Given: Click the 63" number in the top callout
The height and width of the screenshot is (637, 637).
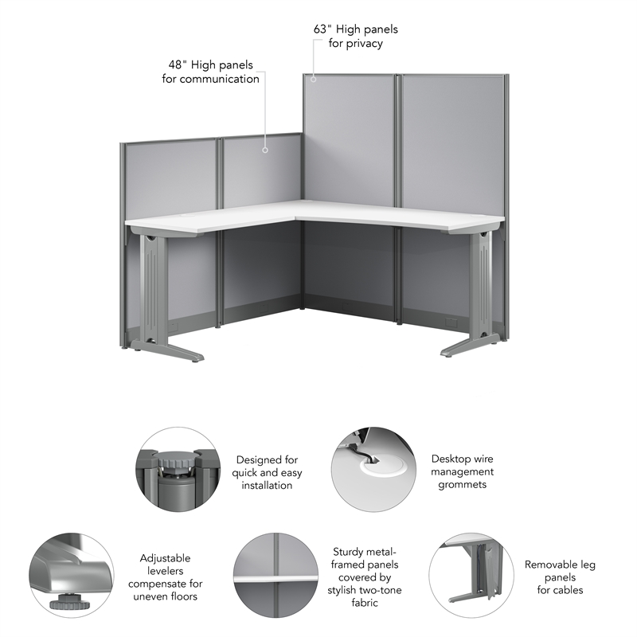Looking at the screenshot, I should [321, 29].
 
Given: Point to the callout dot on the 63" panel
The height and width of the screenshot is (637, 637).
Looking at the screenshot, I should [314, 78].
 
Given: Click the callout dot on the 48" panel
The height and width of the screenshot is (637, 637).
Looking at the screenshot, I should [264, 147].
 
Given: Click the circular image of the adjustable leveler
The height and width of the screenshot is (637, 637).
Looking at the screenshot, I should [69, 573].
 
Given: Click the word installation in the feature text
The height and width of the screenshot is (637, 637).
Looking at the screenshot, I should [267, 485].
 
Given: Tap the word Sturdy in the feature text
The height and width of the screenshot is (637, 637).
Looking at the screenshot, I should [347, 552].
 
